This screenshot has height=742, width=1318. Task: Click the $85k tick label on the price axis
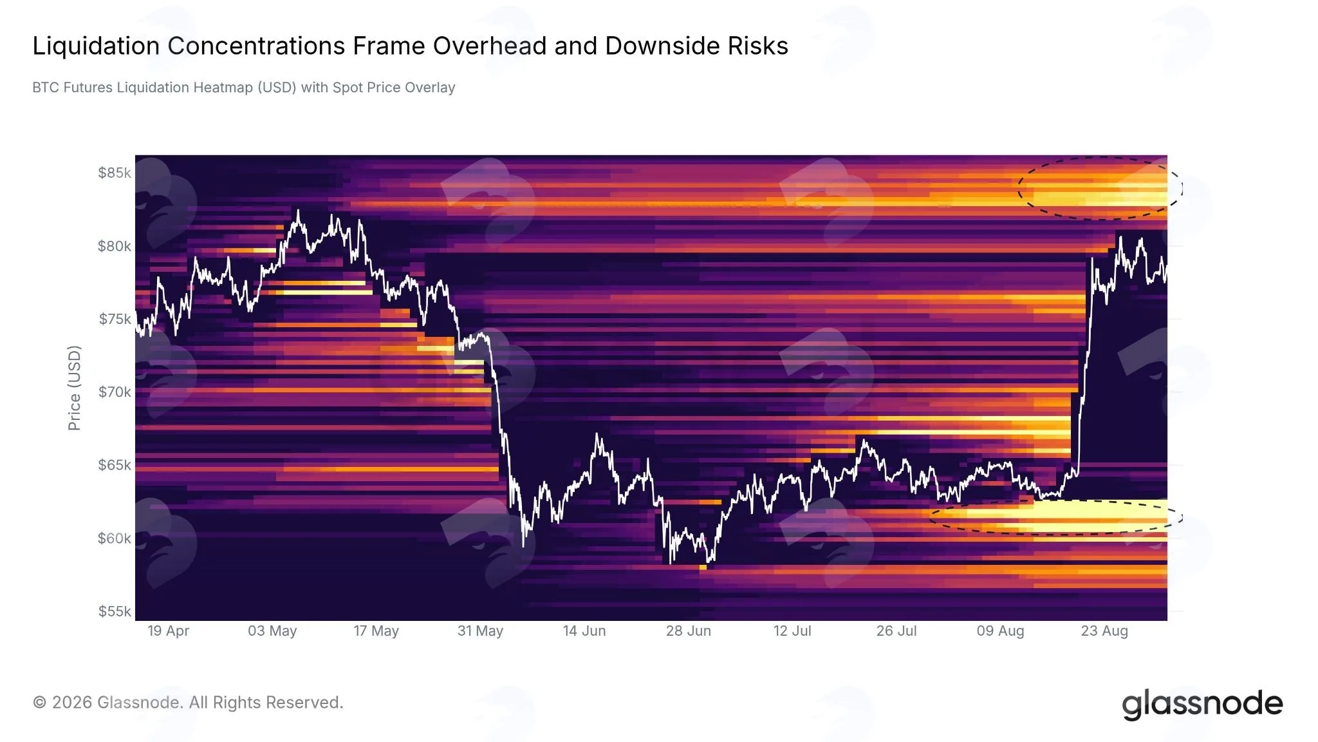click(x=115, y=173)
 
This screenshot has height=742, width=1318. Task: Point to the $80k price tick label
click(x=115, y=246)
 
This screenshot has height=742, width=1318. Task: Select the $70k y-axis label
click(x=115, y=392)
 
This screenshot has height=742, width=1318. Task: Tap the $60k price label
click(x=115, y=538)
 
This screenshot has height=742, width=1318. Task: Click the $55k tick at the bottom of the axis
click(x=115, y=611)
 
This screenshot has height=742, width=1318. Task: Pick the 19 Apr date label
click(x=169, y=631)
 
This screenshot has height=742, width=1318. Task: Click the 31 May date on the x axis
click(x=480, y=631)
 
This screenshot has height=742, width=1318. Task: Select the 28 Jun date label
click(x=689, y=631)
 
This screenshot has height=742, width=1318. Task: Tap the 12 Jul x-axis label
click(x=792, y=631)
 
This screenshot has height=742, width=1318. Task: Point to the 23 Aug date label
click(x=1104, y=631)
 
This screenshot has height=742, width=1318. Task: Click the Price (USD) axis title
click(x=75, y=388)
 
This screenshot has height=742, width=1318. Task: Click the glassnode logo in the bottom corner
click(x=1202, y=703)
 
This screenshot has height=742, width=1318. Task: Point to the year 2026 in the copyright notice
click(x=72, y=703)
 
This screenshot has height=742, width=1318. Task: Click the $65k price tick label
click(x=115, y=465)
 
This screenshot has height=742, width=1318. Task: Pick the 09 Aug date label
click(x=1000, y=631)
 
